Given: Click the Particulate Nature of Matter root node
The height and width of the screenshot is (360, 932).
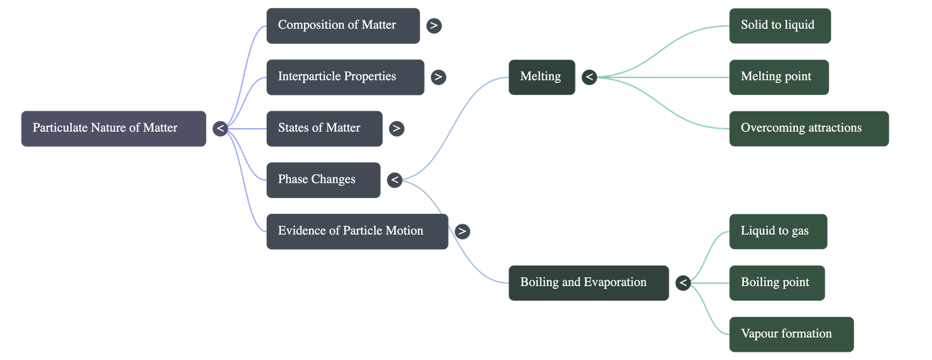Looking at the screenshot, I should tap(114, 128).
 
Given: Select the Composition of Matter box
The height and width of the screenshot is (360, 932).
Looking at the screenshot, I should tap(343, 26).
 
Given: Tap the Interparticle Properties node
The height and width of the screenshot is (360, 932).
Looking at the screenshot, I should tap(345, 77).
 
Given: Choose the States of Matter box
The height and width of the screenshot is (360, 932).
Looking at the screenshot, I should tap(324, 128).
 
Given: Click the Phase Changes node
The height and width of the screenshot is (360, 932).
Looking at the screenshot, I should tap(323, 179).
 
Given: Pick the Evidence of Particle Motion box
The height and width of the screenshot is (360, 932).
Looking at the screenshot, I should tap(357, 231).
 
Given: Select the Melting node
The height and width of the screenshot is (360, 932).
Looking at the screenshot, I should tap(541, 77).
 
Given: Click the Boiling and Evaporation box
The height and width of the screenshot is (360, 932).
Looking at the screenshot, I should tap(588, 283).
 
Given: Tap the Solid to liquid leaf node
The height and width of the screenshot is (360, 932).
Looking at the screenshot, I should tap(779, 26).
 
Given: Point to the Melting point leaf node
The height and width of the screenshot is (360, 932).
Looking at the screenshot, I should tap(779, 77).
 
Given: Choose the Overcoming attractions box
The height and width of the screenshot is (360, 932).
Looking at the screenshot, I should tap(809, 128).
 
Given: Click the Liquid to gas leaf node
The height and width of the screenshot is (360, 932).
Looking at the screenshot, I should tap(778, 231).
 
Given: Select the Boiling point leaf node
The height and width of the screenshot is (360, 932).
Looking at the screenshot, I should tap(776, 283).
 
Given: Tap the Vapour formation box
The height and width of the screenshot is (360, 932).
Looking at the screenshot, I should tap(791, 334).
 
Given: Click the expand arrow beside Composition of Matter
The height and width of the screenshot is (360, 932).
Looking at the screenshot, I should tap(434, 26).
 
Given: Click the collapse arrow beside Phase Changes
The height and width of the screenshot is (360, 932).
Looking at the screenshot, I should tap(394, 179).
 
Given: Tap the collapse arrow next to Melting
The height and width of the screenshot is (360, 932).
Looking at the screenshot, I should tap(589, 77).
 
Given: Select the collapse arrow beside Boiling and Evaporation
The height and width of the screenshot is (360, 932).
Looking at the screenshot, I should tap(683, 283).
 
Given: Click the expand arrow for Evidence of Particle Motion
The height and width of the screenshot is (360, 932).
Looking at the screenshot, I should tap(462, 231).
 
